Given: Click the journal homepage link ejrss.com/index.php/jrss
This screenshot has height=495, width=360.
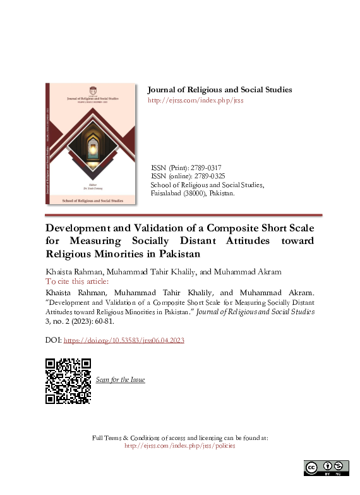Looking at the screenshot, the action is point(195,101).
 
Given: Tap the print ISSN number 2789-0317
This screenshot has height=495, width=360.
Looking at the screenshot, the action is point(206,167).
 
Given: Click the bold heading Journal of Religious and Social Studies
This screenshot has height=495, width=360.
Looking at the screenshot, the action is point(219,90).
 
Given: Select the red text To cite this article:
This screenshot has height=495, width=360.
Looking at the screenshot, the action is point(77,281).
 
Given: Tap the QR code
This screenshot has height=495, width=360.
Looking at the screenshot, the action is point(68,381).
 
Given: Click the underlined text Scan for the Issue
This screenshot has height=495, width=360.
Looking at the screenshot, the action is point(120,380).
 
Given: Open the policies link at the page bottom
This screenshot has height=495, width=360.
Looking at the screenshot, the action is point(180,446).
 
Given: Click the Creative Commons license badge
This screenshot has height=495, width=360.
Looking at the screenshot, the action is point(327,468).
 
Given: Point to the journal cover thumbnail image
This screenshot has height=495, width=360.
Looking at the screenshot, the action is point(91,144).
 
